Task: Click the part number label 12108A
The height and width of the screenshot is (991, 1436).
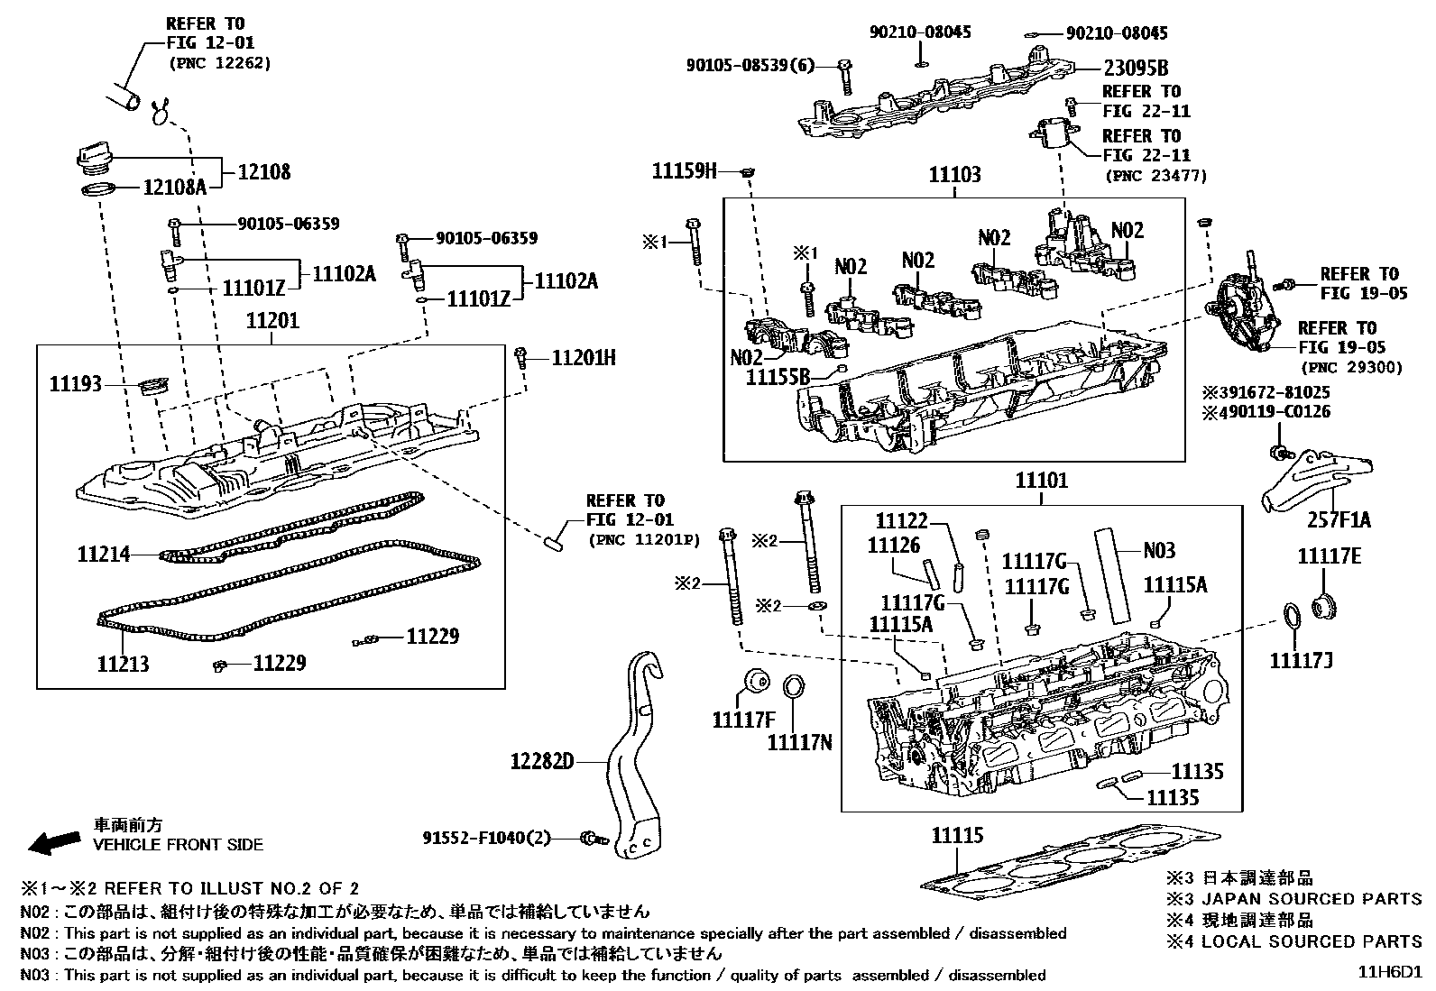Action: (x=175, y=188)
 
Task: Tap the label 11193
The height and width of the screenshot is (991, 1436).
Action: (x=76, y=383)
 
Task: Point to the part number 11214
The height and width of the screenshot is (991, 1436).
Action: (x=104, y=555)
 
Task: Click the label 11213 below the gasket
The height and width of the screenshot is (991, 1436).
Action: (x=124, y=665)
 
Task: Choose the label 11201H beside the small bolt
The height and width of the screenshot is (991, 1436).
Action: (x=584, y=359)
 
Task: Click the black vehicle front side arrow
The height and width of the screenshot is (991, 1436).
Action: (x=53, y=843)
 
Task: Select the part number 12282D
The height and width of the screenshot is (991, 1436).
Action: (x=542, y=763)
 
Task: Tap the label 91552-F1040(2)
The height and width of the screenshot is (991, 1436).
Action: (x=486, y=838)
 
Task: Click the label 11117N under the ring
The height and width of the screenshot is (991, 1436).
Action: (x=799, y=742)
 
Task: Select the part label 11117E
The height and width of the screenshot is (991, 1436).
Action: (x=1329, y=557)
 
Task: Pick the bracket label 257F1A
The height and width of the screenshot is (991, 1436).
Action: (x=1339, y=520)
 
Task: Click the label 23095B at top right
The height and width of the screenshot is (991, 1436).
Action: (x=1136, y=68)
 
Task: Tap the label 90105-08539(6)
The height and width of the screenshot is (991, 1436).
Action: (x=750, y=66)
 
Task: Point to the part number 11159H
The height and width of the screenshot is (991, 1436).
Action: (x=685, y=170)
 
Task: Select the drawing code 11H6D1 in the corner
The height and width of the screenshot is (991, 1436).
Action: (x=1392, y=973)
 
